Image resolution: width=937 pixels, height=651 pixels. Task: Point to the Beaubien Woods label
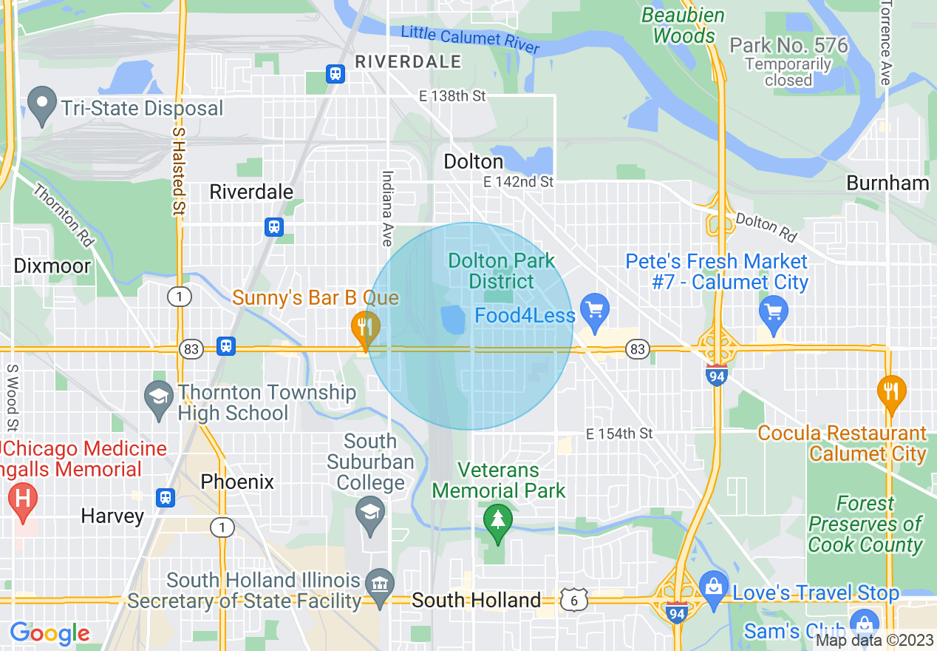point(683,25)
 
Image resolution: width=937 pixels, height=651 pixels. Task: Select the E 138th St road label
point(452,96)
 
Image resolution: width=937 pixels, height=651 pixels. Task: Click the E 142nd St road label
point(518,181)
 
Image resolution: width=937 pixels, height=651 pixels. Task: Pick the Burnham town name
point(887,183)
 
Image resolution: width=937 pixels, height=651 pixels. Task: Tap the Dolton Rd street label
point(766,227)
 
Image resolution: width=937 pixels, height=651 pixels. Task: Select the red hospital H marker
point(22,499)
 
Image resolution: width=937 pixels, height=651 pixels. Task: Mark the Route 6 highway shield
point(573,601)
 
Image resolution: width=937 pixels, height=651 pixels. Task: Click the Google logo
point(50,633)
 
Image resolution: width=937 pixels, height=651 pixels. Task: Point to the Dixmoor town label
point(52,266)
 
